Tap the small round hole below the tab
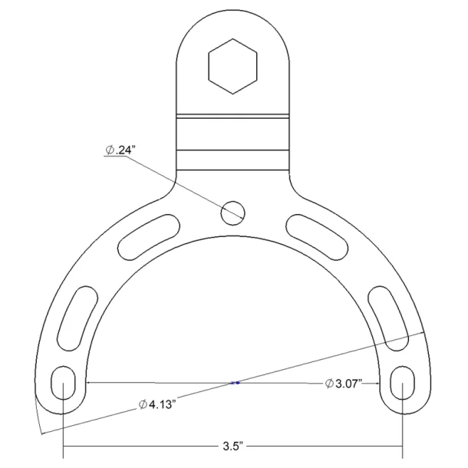point(233,213)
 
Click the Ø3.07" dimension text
point(343,383)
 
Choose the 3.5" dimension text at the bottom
point(233,446)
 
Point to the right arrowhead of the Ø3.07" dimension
point(379,382)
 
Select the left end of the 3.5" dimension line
point(63,446)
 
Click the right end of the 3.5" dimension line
point(403,446)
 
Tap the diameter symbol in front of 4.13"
point(143,405)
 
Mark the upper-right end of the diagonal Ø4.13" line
point(423,333)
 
